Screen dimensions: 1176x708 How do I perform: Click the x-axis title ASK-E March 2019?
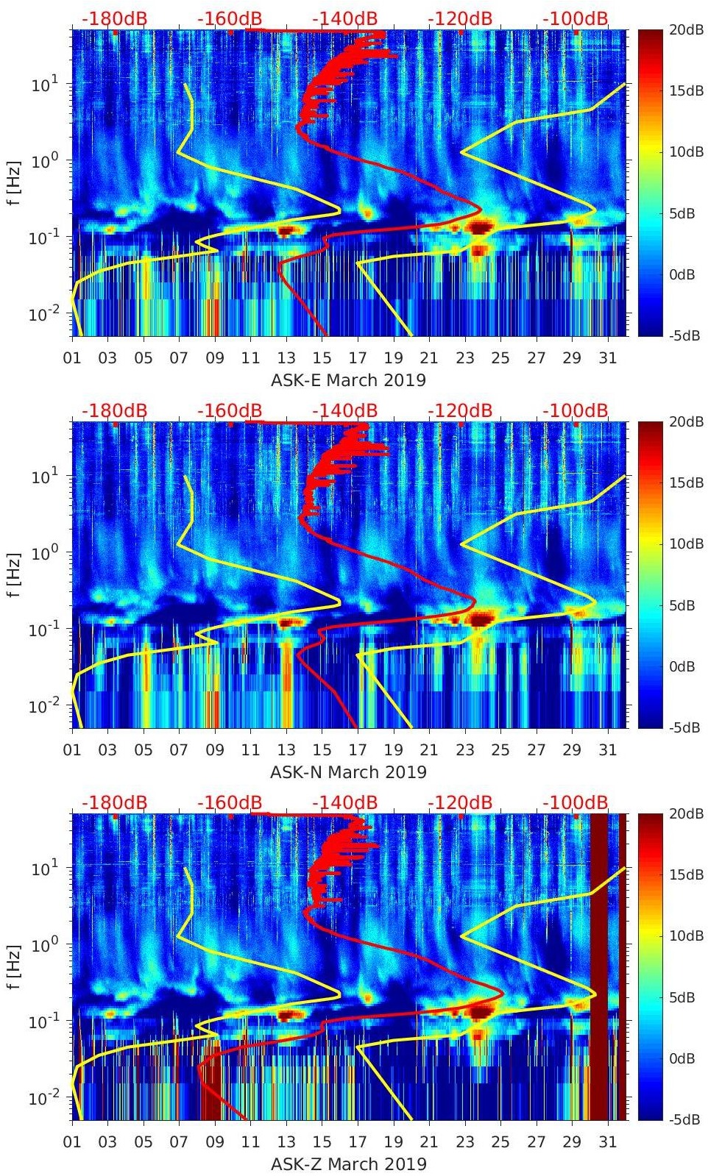(x=348, y=380)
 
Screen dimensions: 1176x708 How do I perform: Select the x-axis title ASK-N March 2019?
(x=348, y=772)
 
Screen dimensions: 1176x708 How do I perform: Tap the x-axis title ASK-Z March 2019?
(x=348, y=1164)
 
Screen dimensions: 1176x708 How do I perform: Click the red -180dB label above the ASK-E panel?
(x=114, y=18)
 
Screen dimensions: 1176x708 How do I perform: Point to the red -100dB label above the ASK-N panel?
(x=576, y=410)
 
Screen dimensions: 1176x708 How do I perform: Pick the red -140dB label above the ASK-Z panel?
(x=344, y=802)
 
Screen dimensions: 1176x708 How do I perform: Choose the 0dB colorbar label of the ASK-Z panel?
(x=682, y=1058)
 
